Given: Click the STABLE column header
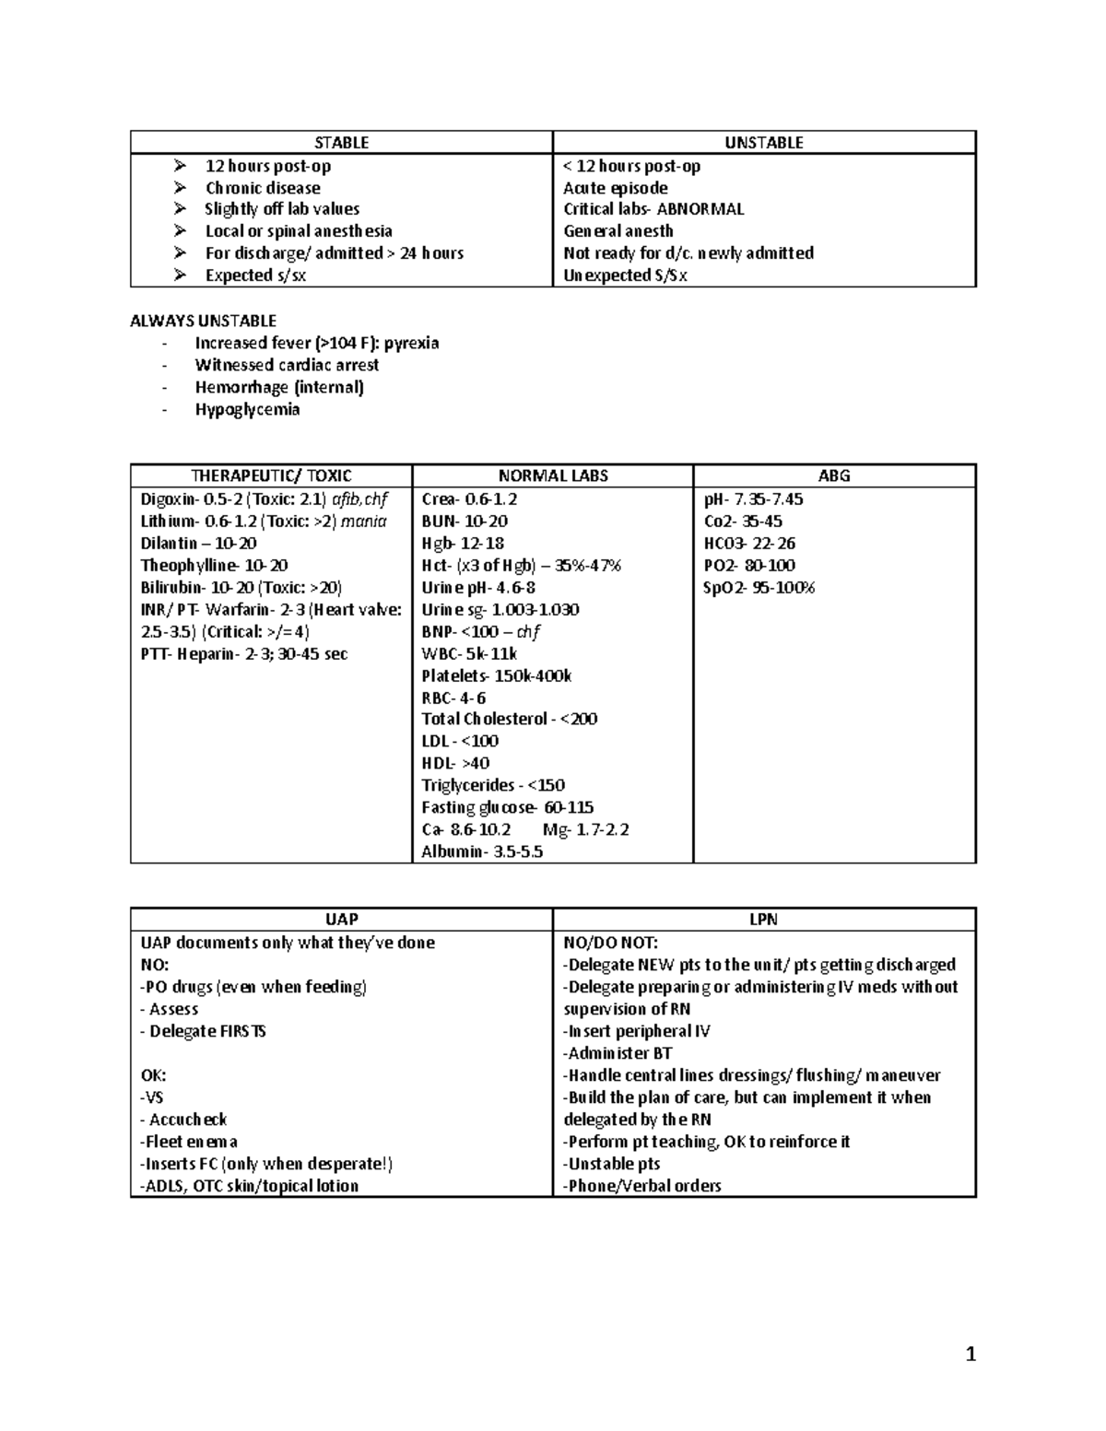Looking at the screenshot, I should click(x=341, y=143).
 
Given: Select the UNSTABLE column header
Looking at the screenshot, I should click(x=763, y=143).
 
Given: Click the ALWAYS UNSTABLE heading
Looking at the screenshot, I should click(x=203, y=321).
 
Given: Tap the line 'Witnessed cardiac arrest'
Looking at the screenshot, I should click(x=287, y=365).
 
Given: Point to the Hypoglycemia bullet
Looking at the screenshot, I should click(x=247, y=409).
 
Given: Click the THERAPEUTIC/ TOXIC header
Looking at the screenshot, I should click(x=271, y=475).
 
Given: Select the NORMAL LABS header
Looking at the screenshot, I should click(x=552, y=475).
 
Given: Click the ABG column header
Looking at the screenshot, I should click(x=833, y=475).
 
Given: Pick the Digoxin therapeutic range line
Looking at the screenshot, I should click(x=264, y=499).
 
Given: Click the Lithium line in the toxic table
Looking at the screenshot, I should click(x=264, y=522).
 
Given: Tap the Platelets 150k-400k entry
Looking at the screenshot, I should click(x=496, y=675).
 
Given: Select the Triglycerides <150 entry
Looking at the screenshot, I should click(x=492, y=785).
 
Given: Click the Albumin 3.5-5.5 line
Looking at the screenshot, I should click(x=482, y=851).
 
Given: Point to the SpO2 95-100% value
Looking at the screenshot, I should click(x=759, y=588).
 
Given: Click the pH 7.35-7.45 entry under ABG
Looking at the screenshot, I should click(x=753, y=499).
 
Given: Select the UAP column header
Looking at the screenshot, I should click(x=341, y=919).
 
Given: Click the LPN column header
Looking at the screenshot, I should click(x=763, y=919).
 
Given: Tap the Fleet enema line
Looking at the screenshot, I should click(x=189, y=1142).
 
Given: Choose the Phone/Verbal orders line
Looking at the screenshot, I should click(x=641, y=1186).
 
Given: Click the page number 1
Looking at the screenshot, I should click(x=970, y=1354).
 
